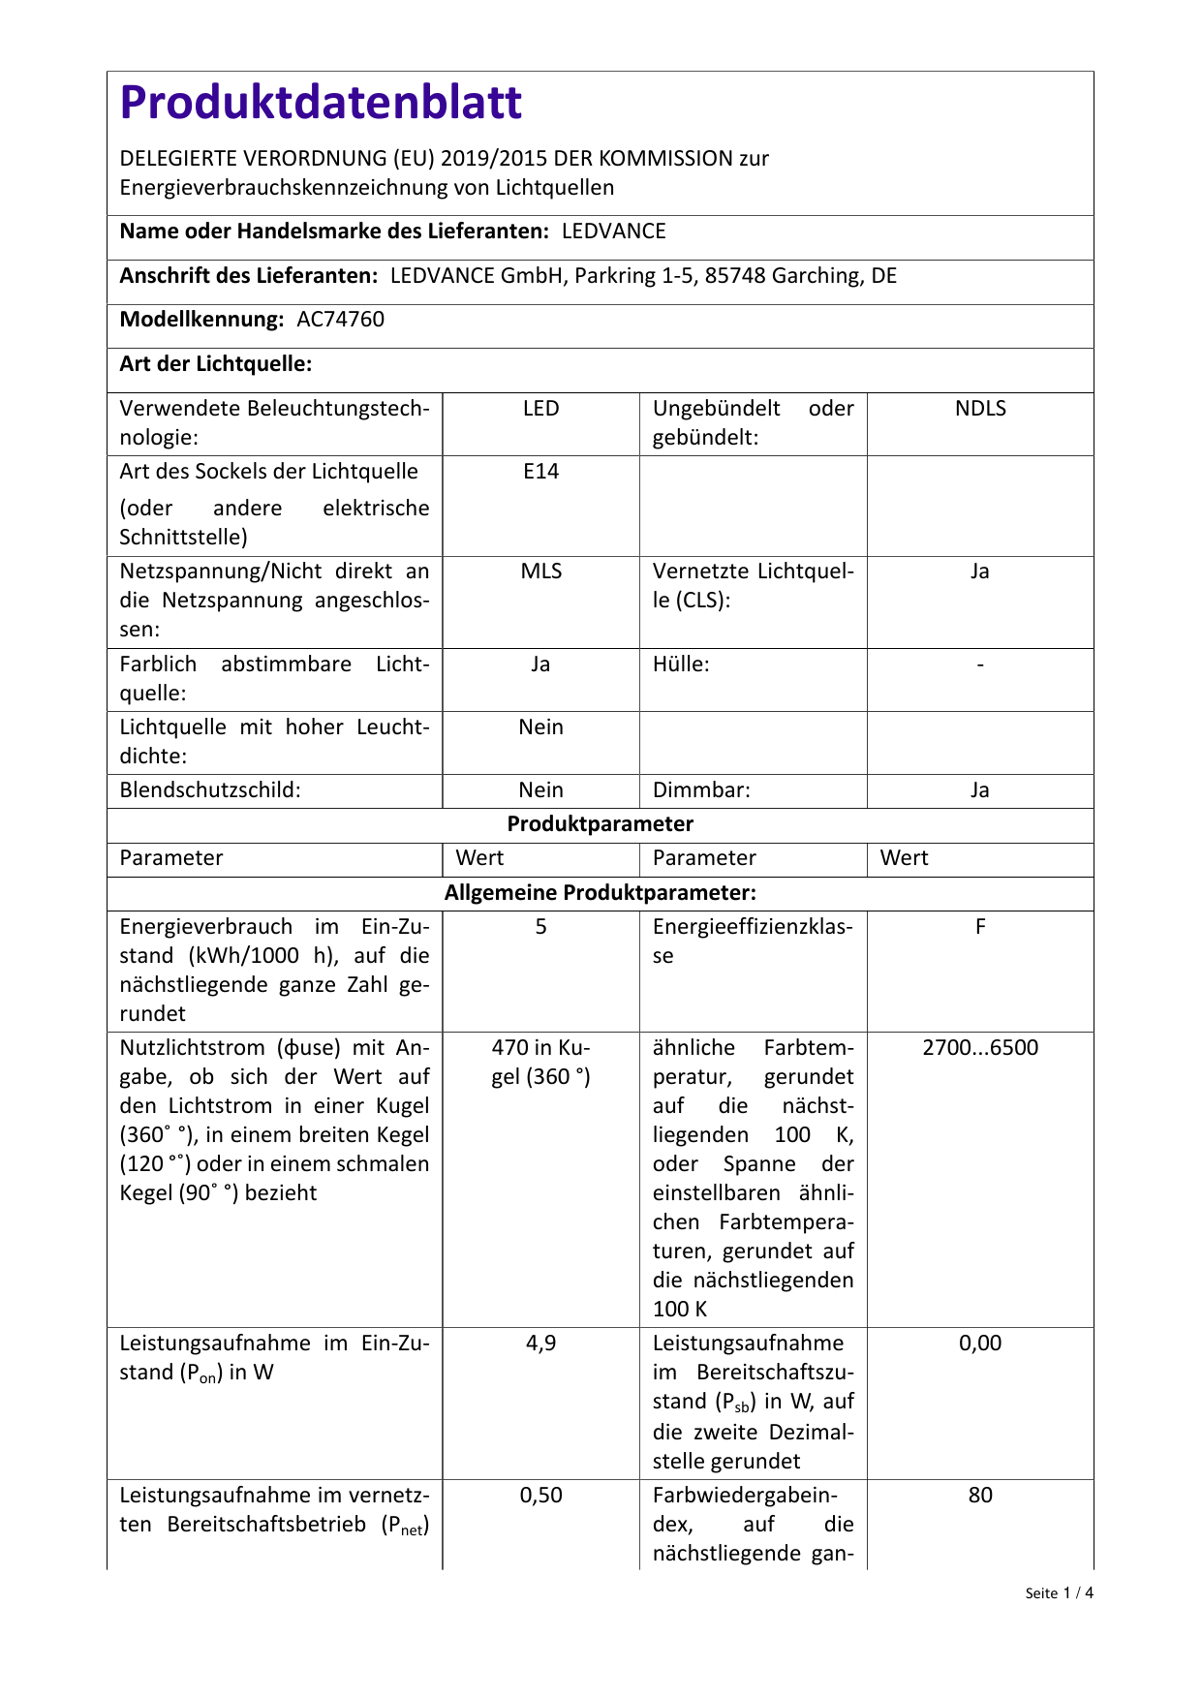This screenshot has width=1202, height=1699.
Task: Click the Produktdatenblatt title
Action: (x=321, y=103)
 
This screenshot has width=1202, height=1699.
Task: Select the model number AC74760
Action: (x=340, y=320)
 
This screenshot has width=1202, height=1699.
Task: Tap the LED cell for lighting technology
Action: (x=540, y=409)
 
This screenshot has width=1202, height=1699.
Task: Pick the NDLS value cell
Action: (x=980, y=409)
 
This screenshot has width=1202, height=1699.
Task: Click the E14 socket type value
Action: (x=540, y=472)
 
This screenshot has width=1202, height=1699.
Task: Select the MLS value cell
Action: (x=540, y=571)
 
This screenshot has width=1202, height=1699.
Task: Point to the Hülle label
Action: (x=681, y=664)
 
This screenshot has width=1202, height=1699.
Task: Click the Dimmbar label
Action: (x=701, y=790)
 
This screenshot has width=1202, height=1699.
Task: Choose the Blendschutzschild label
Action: (x=210, y=790)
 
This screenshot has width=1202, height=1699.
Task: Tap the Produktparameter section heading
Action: (x=601, y=824)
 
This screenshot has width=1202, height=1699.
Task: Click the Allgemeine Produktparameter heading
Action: (x=601, y=892)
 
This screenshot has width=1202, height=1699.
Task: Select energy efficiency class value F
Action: (x=980, y=927)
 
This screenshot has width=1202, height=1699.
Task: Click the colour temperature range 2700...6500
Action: (x=980, y=1048)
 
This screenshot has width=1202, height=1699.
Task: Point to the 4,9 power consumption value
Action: (x=540, y=1344)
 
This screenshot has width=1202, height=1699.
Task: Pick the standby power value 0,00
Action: (x=980, y=1344)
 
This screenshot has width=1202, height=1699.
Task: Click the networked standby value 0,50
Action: (x=540, y=1496)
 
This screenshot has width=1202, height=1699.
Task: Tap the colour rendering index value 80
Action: (x=980, y=1496)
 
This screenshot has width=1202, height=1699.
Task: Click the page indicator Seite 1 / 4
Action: (x=1059, y=1593)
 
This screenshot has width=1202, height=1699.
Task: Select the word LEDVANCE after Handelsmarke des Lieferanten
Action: (x=614, y=232)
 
